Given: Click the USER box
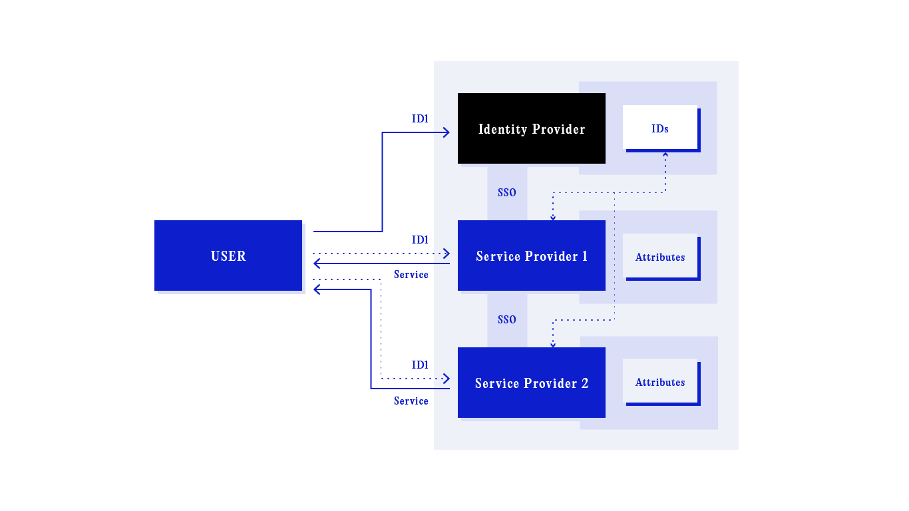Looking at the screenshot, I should [x=228, y=255].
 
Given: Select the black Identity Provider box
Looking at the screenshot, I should [x=532, y=128].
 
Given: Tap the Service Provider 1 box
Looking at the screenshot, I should [x=532, y=255].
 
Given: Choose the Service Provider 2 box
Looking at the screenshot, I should [x=532, y=383].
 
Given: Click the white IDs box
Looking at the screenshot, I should [x=660, y=127].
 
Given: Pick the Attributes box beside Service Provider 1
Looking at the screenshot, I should [x=660, y=256].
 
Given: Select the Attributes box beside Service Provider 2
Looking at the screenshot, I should [x=660, y=382].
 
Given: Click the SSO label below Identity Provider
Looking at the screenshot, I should [x=507, y=193].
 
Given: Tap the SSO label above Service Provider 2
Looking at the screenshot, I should [x=507, y=320].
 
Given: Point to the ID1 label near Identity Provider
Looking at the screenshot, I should [x=420, y=119].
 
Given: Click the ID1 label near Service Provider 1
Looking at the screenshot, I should [x=420, y=240].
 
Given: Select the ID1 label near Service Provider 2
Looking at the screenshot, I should [x=420, y=365].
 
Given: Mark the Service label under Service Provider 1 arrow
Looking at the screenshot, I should [x=411, y=275].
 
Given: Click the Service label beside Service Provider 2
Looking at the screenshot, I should [x=411, y=401].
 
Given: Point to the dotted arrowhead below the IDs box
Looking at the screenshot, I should [x=665, y=154].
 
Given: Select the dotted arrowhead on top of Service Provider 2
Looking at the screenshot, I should [x=553, y=344].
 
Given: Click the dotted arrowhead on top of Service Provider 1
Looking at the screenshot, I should [x=553, y=217].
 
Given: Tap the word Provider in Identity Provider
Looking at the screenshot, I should [x=558, y=129].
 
